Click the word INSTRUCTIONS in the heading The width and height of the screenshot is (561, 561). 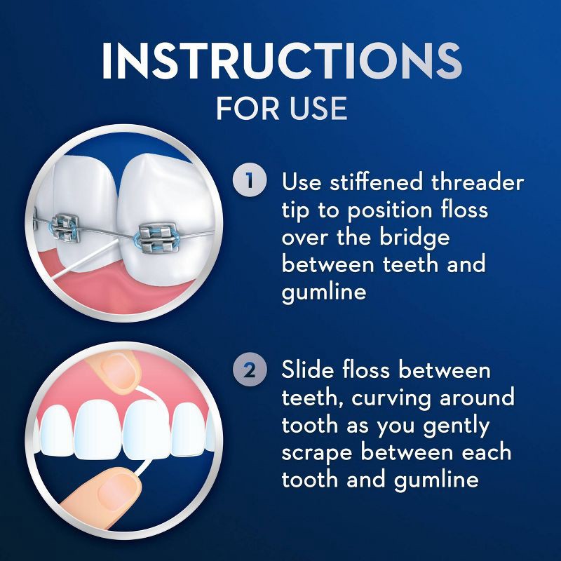(280, 62)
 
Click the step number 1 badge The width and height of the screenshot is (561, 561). (250, 182)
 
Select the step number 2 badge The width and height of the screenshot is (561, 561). (250, 370)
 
